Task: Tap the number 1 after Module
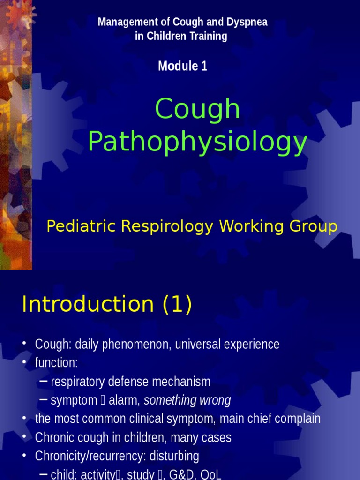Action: point(204,66)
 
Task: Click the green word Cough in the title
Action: point(197,109)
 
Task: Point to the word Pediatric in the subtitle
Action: point(81,226)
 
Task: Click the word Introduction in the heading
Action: point(88,305)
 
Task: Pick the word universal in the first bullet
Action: point(200,345)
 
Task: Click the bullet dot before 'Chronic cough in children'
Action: point(24,438)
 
